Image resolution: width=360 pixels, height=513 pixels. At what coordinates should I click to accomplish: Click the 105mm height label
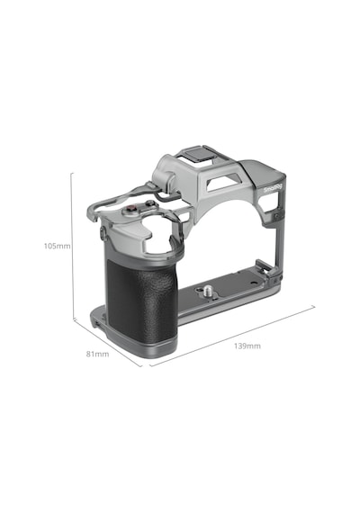coord(58,246)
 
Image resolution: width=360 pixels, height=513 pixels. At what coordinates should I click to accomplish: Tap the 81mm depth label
coord(97,354)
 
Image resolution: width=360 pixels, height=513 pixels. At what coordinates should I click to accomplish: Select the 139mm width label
coord(247,346)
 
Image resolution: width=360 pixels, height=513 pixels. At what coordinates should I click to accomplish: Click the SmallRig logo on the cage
coord(273,188)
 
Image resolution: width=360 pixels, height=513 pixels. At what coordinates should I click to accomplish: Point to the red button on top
coord(131,208)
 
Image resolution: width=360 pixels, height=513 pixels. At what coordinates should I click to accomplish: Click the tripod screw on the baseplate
coord(207,291)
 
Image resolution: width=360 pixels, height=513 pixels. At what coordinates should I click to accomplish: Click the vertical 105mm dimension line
coord(72,246)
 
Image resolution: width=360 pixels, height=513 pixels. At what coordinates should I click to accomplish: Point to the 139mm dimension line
coord(232,336)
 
